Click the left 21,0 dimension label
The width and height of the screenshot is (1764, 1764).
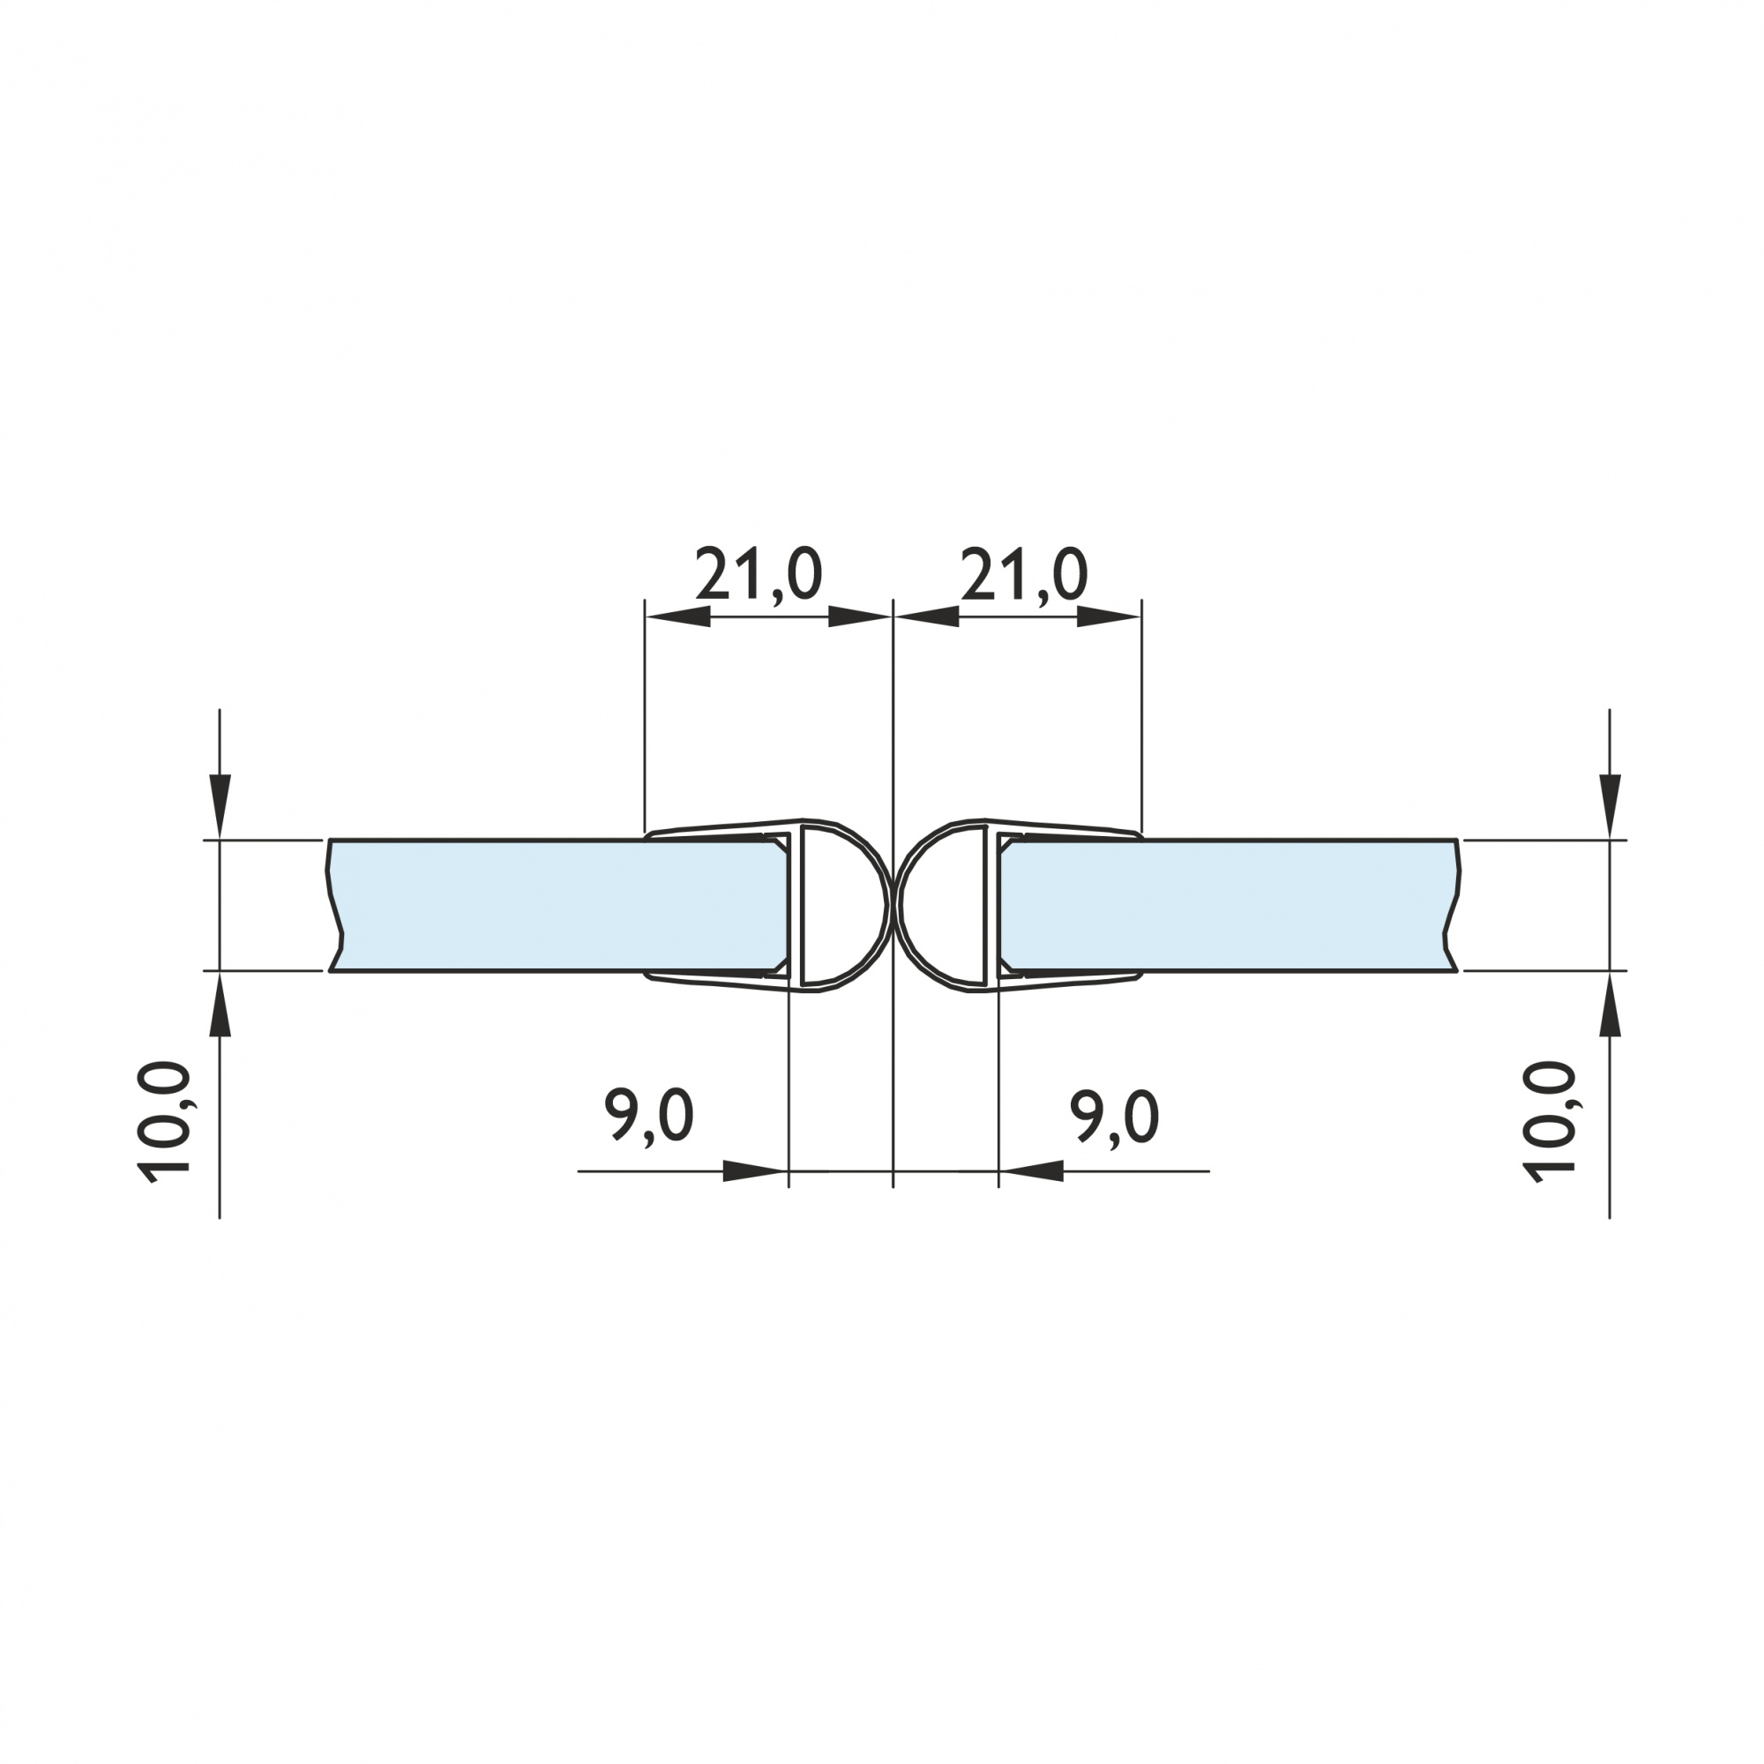tap(759, 575)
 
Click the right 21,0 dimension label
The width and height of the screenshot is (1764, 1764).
tap(1023, 575)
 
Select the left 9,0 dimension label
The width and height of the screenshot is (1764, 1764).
tap(649, 1116)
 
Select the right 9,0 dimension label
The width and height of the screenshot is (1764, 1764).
tap(1115, 1116)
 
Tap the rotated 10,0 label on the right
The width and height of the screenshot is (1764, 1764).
tap(1550, 1123)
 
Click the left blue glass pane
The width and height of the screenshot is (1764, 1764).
tap(557, 905)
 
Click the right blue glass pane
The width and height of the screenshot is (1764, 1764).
tap(1229, 905)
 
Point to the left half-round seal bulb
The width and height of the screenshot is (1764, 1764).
tap(845, 905)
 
